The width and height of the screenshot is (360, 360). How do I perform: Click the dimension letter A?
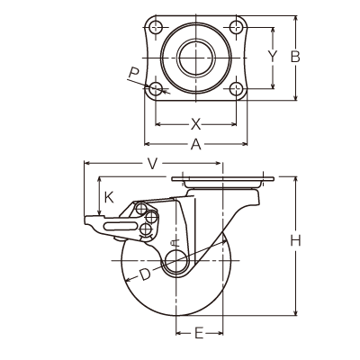tap(196, 144)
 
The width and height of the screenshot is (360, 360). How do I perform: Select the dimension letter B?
tap(295, 57)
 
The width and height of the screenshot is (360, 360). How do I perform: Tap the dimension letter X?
tap(196, 124)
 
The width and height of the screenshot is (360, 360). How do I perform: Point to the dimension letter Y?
tap(272, 56)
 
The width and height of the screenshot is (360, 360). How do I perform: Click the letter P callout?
tap(134, 73)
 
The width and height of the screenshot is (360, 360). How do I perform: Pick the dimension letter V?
tap(153, 164)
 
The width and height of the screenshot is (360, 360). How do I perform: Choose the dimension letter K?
tap(109, 197)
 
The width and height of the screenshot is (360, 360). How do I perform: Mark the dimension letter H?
tap(295, 241)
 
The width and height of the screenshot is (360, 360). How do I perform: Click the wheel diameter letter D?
tap(145, 274)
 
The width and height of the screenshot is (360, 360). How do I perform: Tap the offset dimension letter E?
tap(199, 333)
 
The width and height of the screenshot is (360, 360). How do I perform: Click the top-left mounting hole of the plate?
tap(156, 28)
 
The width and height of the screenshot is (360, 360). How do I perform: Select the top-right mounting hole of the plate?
tap(237, 28)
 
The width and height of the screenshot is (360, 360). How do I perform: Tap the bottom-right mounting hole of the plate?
tap(237, 88)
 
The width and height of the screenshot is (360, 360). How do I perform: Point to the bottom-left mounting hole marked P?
tap(156, 88)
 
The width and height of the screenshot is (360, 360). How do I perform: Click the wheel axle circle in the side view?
tap(176, 260)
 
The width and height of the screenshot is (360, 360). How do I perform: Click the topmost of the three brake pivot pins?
tap(141, 209)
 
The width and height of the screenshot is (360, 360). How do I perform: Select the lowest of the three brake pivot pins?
tap(146, 229)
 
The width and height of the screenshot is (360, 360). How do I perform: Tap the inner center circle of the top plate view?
tap(196, 58)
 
